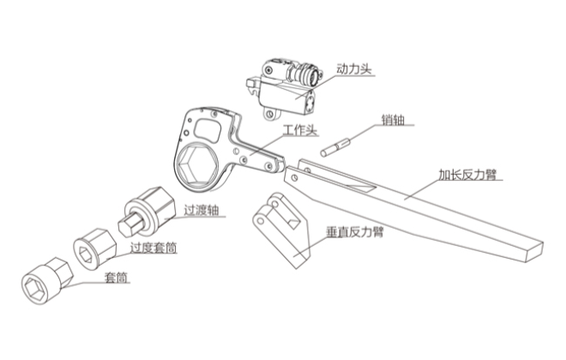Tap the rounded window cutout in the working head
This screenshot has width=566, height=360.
208,128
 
